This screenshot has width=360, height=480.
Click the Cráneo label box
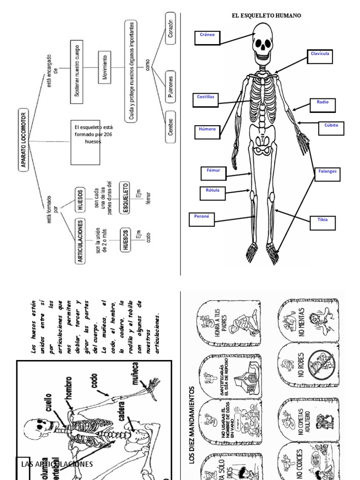pos(207,38)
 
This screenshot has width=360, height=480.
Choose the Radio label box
pos(322,105)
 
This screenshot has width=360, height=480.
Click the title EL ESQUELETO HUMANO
pos(266,15)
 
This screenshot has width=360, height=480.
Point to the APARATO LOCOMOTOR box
pos(23,140)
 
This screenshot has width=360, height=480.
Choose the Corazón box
pos(171,29)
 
